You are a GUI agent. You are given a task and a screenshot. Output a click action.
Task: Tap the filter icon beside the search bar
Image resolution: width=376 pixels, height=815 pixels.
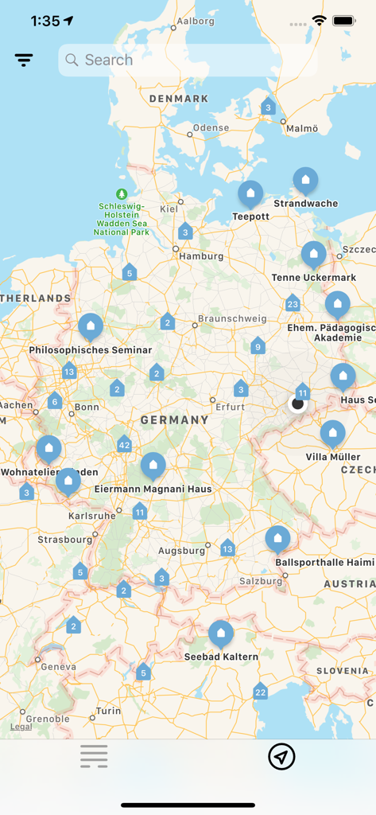pyautogui.click(x=24, y=60)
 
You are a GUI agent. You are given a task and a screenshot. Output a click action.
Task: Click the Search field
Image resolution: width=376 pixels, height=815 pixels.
pyautogui.click(x=188, y=60)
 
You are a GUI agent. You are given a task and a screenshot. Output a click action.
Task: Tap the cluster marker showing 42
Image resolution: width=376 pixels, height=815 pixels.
pyautogui.click(x=124, y=445)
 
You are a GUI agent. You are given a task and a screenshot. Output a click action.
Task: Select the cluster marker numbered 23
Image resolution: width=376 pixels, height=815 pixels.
pyautogui.click(x=293, y=304)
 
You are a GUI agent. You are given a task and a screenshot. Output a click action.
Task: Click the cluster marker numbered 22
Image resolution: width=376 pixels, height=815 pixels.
pyautogui.click(x=260, y=692)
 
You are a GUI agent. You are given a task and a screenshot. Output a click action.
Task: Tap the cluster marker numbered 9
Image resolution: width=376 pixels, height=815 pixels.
pyautogui.click(x=257, y=346)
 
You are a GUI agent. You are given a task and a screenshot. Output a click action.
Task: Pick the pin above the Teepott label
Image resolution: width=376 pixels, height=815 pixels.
pyautogui.click(x=250, y=193)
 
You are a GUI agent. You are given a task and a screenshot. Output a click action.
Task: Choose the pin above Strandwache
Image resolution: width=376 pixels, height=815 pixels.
pyautogui.click(x=305, y=181)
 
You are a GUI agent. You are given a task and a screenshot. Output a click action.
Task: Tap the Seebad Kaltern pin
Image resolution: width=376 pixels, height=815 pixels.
pyautogui.click(x=221, y=634)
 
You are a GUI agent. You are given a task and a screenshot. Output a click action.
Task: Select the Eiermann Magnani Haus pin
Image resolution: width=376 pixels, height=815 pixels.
pyautogui.click(x=153, y=466)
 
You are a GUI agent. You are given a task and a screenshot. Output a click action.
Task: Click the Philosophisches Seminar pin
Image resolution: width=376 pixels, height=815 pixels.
pyautogui.click(x=91, y=326)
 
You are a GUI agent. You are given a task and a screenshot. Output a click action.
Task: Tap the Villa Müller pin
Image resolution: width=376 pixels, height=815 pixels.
pyautogui.click(x=333, y=434)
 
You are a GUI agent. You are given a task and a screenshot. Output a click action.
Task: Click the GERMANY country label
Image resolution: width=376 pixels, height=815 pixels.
pyautogui.click(x=174, y=419)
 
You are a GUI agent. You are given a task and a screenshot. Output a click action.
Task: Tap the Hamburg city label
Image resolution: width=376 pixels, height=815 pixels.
pyautogui.click(x=201, y=256)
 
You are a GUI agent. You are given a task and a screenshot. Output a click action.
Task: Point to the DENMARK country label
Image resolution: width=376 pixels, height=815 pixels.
pyautogui.click(x=179, y=99)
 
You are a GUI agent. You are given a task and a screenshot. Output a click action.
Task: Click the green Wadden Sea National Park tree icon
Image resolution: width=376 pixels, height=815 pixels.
pyautogui.click(x=122, y=193)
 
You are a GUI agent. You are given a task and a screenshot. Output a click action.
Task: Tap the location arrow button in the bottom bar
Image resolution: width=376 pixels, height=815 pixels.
pyautogui.click(x=281, y=757)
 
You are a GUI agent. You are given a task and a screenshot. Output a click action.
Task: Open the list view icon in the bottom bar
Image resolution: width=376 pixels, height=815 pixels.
pyautogui.click(x=94, y=757)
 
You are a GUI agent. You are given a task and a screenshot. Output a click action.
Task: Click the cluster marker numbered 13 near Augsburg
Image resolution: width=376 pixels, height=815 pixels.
pyautogui.click(x=227, y=548)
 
